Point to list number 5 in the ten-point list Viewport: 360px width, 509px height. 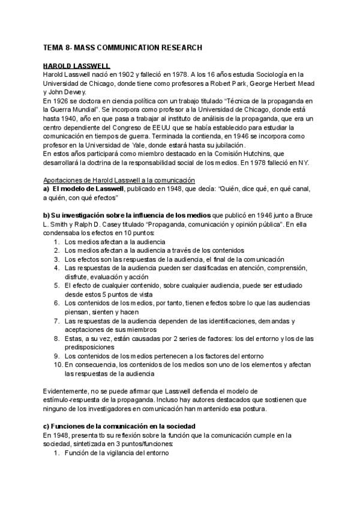[x=56, y=286]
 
